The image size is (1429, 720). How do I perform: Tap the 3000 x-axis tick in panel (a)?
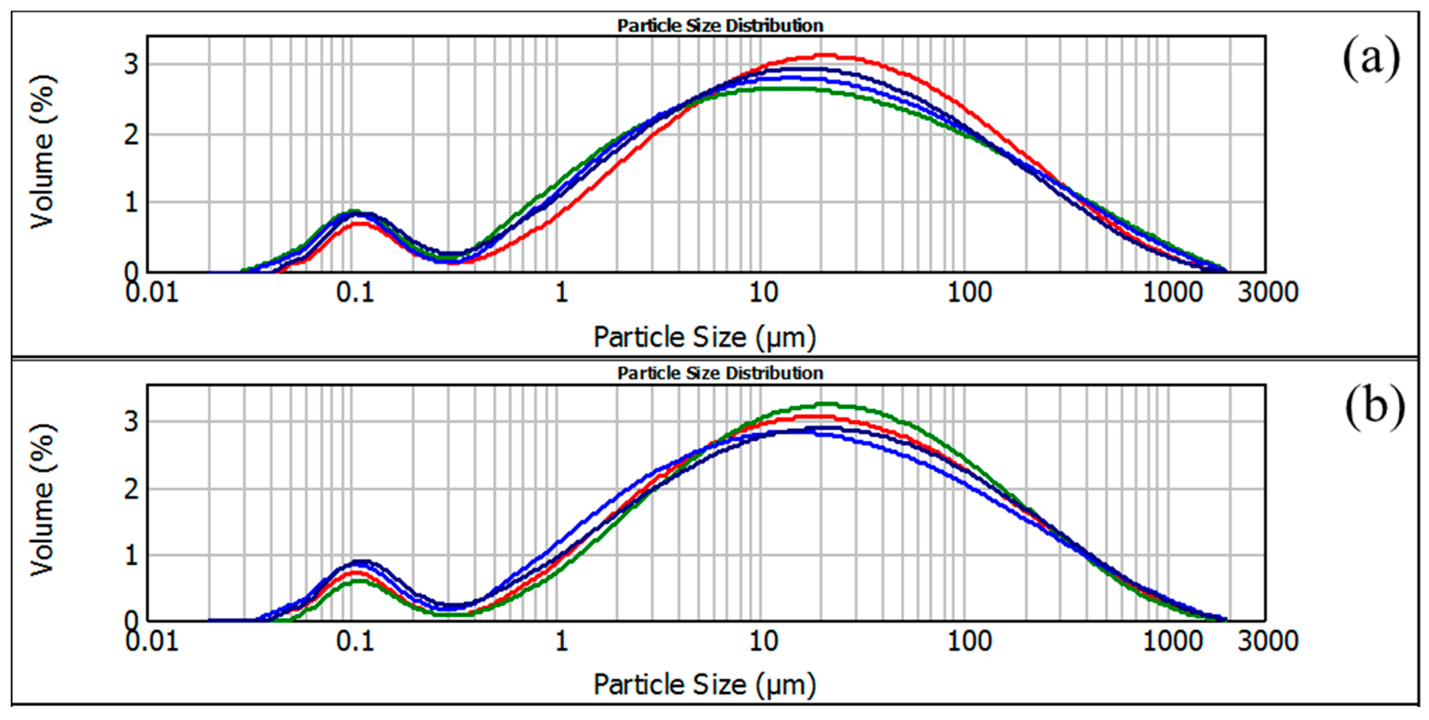[x=1267, y=293]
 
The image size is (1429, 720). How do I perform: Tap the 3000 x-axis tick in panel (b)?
[x=1267, y=641]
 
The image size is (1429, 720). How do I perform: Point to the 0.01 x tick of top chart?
[x=152, y=293]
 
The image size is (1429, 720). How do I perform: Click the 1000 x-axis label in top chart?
[x=1172, y=293]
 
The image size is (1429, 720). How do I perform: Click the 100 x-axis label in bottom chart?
[x=969, y=641]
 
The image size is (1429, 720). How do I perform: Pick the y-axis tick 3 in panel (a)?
[x=131, y=64]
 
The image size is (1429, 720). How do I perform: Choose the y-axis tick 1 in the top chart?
[x=131, y=203]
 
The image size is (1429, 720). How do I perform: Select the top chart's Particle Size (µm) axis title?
[x=705, y=337]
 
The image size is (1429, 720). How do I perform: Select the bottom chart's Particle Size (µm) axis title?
[x=705, y=684]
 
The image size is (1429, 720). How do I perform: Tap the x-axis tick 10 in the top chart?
[x=763, y=293]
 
